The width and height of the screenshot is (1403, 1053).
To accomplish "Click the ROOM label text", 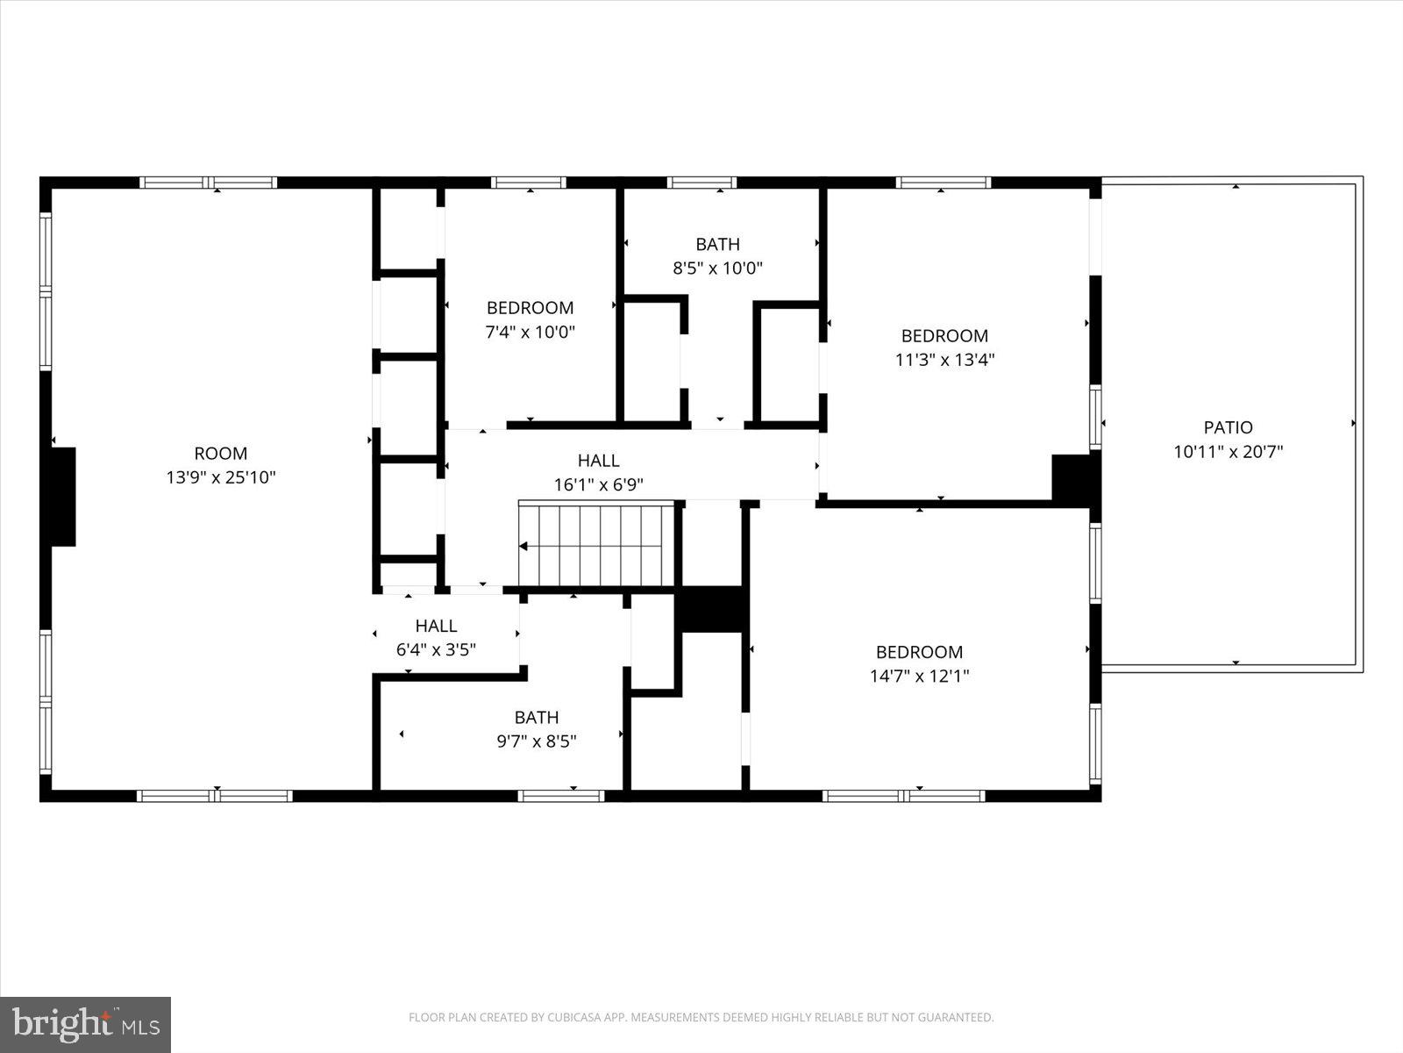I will point(221,454).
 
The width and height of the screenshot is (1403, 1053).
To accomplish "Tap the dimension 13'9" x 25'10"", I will point(221,478).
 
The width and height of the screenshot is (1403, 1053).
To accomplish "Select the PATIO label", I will point(1228,427).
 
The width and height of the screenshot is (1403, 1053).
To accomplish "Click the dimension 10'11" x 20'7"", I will point(1228,452).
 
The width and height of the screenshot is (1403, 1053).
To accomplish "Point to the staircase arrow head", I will point(523,547).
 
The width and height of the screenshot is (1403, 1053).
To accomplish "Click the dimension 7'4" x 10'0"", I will point(530,333).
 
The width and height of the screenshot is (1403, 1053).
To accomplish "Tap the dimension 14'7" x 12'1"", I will point(919,677).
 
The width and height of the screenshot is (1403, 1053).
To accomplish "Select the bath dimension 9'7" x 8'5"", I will point(536,741).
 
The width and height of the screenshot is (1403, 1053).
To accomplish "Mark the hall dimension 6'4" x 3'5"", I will point(436,650).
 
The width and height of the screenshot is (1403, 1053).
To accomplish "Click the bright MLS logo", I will point(85,1024).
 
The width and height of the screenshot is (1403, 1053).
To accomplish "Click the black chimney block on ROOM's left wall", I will point(63,497).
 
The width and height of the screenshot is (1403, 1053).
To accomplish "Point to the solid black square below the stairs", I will point(712,609).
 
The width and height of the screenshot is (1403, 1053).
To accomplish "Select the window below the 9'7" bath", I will point(560,796).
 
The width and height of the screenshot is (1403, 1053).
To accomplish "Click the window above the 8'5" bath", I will point(701,183).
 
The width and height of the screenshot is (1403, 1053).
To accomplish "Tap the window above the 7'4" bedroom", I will point(528,183).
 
